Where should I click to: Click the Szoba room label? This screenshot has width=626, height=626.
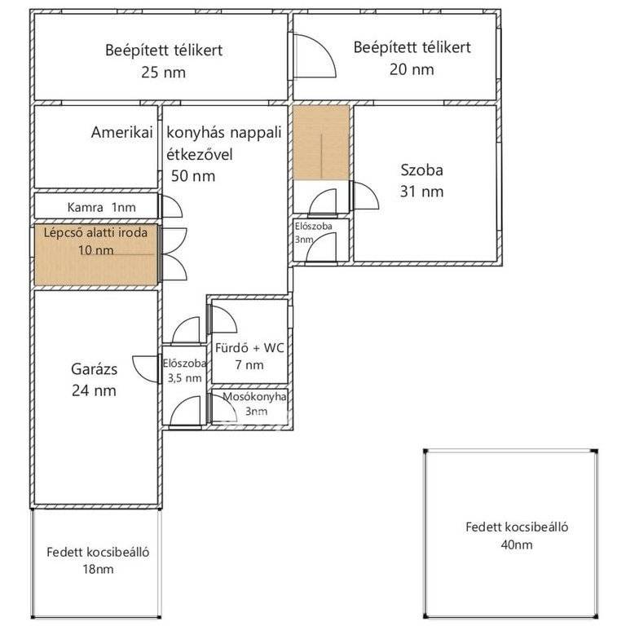tap(421, 170)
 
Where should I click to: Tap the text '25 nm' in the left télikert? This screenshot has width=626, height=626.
tap(163, 73)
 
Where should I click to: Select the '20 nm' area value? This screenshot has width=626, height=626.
tap(412, 69)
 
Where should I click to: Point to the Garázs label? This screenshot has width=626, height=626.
tap(95, 369)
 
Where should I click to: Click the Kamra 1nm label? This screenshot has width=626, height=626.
tap(101, 207)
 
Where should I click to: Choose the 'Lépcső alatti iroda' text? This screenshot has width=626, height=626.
tap(95, 232)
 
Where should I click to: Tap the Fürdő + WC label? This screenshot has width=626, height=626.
tap(249, 348)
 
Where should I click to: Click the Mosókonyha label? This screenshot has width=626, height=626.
tap(254, 397)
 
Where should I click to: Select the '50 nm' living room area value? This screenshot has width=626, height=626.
tap(193, 176)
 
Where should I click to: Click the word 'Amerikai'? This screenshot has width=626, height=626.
tap(121, 132)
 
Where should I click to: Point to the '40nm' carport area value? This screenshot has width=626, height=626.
tap(517, 544)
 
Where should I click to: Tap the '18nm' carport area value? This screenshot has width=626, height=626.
tap(98, 569)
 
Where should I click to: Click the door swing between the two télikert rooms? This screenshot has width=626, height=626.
tap(315, 56)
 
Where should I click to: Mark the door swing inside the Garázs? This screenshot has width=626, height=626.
tap(145, 369)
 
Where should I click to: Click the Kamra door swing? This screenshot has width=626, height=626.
tap(172, 207)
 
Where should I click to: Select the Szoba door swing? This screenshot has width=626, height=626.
tap(366, 196)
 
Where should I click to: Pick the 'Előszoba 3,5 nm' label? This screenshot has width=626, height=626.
tap(184, 371)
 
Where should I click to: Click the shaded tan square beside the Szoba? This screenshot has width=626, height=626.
tap(321, 142)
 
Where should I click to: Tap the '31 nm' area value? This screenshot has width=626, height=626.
tap(421, 192)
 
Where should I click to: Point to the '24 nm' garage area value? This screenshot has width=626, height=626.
tap(95, 390)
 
